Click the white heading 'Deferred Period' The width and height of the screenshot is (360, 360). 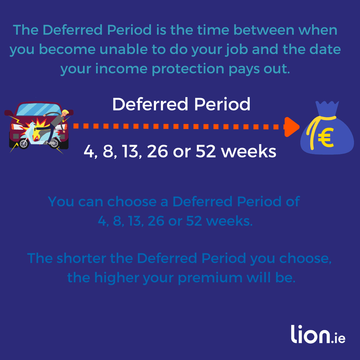181,105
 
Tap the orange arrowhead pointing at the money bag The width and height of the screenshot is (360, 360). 291,127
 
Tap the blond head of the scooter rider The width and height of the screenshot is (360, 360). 65,112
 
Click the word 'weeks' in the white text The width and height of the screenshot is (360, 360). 249,152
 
